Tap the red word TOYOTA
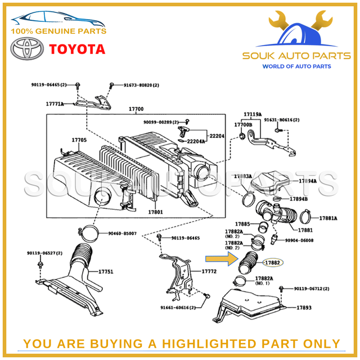[x=77, y=49]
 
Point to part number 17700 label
[x=136, y=109]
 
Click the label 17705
[x=79, y=139]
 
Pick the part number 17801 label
[x=155, y=212]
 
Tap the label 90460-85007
[x=123, y=233]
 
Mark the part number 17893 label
[x=304, y=308]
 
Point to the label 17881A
[x=328, y=218]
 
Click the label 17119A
[x=252, y=114]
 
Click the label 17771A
[x=55, y=104]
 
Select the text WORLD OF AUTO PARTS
[x=296, y=66]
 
